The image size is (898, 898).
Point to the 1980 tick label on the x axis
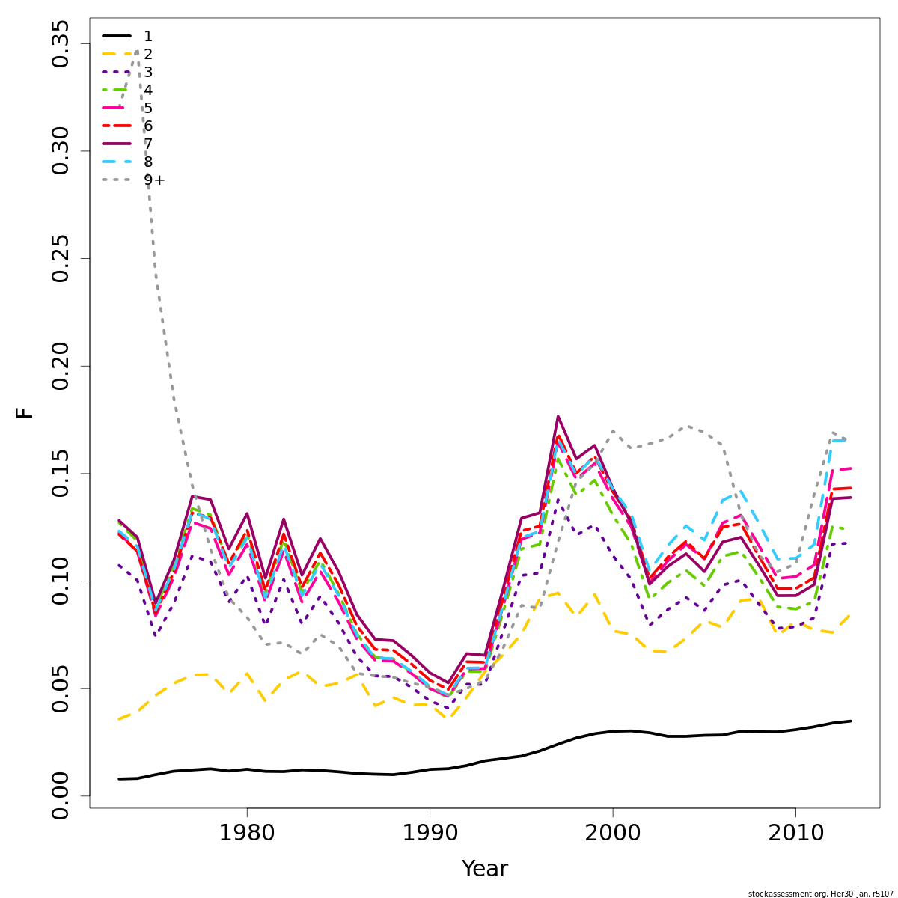tap(247, 832)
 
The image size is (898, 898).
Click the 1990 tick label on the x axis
tap(430, 832)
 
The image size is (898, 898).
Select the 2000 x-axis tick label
tap(613, 832)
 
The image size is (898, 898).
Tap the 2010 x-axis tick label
tap(795, 832)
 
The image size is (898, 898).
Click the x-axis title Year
tap(484, 869)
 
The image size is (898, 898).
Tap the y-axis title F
tap(25, 412)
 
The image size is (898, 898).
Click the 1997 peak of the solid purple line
tap(558, 416)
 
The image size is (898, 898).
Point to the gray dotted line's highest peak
tap(137, 51)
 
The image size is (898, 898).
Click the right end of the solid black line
tap(851, 721)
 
